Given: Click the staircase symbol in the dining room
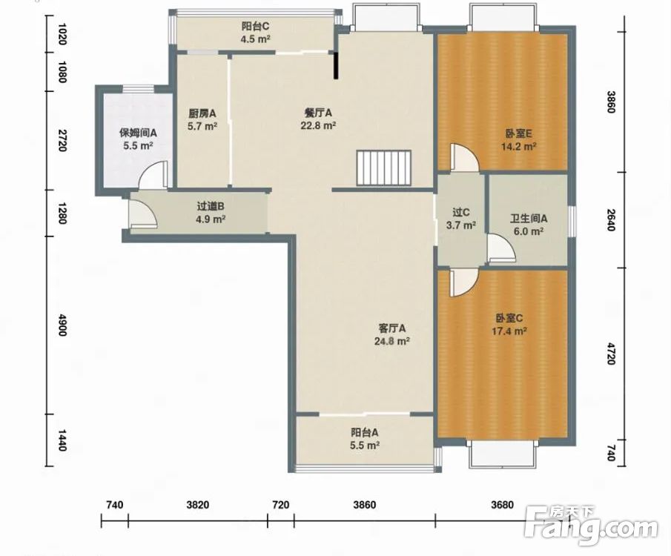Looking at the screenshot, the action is pyautogui.click(x=384, y=168).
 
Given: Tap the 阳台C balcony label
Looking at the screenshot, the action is pyautogui.click(x=256, y=27).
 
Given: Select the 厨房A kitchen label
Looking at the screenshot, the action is pyautogui.click(x=202, y=113).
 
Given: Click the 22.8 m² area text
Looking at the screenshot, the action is pyautogui.click(x=318, y=126).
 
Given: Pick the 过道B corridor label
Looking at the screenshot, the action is pyautogui.click(x=211, y=206).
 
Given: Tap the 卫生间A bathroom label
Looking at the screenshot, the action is pyautogui.click(x=529, y=219).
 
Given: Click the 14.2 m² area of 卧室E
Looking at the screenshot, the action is pyautogui.click(x=519, y=146).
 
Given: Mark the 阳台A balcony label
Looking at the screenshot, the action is pyautogui.click(x=365, y=432).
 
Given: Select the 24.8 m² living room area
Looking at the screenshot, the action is pyautogui.click(x=392, y=341).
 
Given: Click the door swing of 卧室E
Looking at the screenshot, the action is pyautogui.click(x=463, y=157).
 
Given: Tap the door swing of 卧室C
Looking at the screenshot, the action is pyautogui.click(x=463, y=282).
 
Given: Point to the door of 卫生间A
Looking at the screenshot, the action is pyautogui.click(x=501, y=248).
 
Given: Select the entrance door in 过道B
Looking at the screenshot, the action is pyautogui.click(x=143, y=214).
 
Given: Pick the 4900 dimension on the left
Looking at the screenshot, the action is pyautogui.click(x=62, y=325).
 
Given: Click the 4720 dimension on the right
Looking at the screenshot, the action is pyautogui.click(x=611, y=353).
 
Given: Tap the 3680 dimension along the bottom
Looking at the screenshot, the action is pyautogui.click(x=502, y=505).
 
